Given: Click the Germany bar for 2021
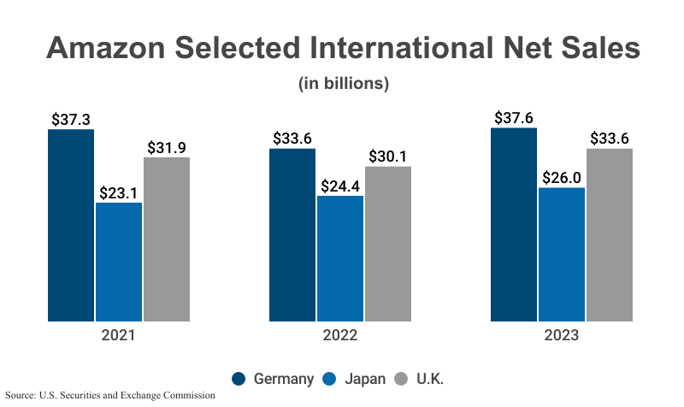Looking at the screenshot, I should [71, 226].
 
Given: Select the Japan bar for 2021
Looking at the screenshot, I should [119, 262].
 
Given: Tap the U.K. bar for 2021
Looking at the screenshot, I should [167, 239].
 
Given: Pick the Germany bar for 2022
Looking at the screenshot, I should [292, 235].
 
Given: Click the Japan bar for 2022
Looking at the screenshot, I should [340, 259].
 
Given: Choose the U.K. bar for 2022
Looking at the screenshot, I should [388, 245].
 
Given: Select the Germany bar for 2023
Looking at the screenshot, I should [514, 225].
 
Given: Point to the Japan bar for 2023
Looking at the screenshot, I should [562, 255].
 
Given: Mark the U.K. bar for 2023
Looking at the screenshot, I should [610, 235].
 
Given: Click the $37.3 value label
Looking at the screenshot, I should [71, 120].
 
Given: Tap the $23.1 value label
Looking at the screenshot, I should [119, 192].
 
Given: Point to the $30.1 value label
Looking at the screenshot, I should [387, 156].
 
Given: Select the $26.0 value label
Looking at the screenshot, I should [562, 178].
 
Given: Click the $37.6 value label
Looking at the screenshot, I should [514, 118].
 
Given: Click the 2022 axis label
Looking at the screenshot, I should [340, 336].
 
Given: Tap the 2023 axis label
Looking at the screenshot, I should [562, 336].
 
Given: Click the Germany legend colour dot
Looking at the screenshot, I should [239, 379].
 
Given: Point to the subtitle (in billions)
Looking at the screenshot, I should [344, 84].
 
